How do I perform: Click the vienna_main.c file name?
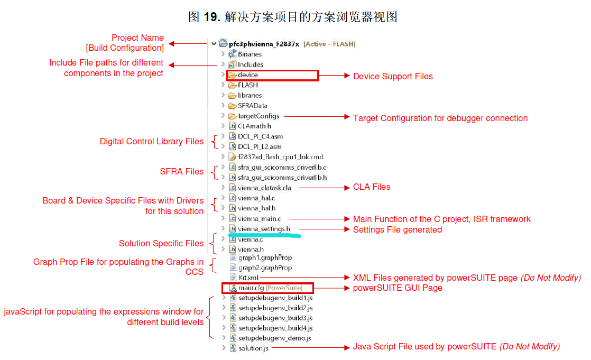259,218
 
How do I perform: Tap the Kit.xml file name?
248,277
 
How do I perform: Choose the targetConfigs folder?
258,116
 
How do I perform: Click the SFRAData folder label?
252,105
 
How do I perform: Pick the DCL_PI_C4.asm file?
260,136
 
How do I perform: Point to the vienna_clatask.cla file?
264,188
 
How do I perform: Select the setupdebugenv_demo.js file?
274,338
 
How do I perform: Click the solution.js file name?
253,348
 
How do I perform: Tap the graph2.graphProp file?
265,267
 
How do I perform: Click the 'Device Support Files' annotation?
393,76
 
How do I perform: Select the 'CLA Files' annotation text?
372,187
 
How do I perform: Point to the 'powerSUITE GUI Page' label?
398,288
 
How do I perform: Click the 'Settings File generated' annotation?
398,229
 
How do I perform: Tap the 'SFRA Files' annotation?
182,171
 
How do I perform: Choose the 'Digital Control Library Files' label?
152,141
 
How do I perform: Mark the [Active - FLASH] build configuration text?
329,44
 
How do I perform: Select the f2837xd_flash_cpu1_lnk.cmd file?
280,157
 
